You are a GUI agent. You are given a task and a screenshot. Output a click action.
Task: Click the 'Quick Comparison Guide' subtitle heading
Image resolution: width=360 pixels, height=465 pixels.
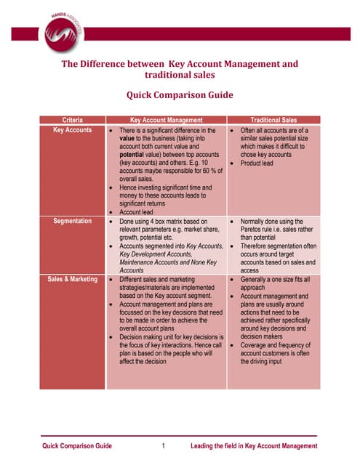[180, 94]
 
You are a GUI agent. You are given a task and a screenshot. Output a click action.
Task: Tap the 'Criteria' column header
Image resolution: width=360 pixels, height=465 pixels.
[73, 119]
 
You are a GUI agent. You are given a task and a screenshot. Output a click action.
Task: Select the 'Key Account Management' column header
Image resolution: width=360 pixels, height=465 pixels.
[166, 119]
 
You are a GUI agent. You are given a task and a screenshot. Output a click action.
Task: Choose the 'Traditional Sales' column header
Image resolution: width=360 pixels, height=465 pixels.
[273, 119]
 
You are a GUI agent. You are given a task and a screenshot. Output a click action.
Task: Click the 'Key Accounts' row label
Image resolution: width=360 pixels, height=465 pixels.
[73, 129]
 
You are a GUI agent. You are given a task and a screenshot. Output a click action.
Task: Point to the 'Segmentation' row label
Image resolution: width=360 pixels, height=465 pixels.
[73, 220]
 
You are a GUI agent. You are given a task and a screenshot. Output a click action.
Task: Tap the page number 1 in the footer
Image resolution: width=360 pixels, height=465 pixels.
[164, 445]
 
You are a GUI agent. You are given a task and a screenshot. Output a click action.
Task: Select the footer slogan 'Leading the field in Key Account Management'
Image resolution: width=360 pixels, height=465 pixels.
[253, 445]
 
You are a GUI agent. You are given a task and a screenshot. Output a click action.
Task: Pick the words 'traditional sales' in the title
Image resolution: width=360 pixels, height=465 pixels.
[180, 75]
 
